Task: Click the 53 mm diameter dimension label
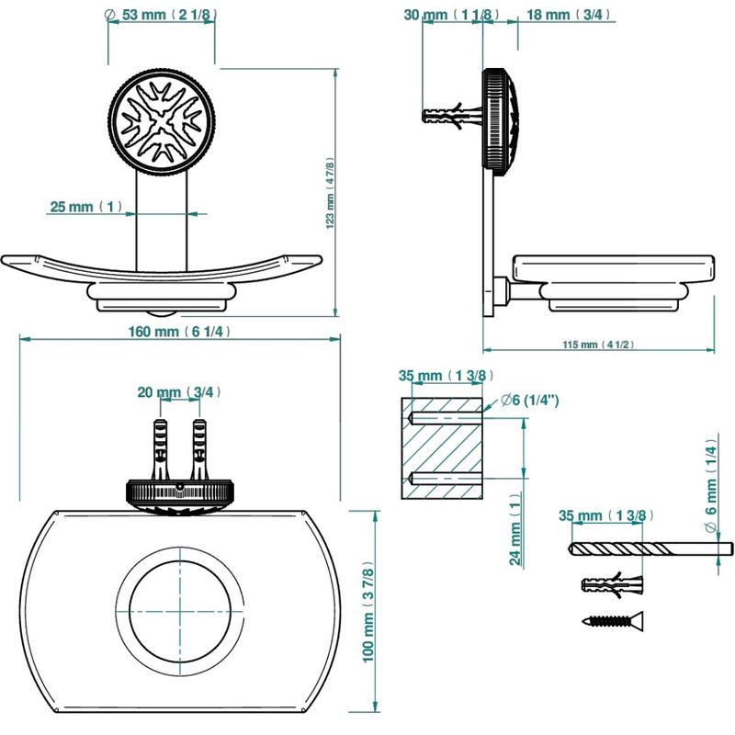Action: [x=160, y=15]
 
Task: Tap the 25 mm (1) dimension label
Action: [x=85, y=206]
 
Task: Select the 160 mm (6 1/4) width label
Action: [x=179, y=332]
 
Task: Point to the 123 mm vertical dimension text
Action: [x=330, y=193]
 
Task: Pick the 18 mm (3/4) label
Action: [x=569, y=15]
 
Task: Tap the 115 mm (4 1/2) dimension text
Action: [x=598, y=345]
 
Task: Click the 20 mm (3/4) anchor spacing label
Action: [x=178, y=392]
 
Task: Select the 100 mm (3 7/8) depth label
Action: [x=368, y=611]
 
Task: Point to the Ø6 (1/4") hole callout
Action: [x=530, y=401]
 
